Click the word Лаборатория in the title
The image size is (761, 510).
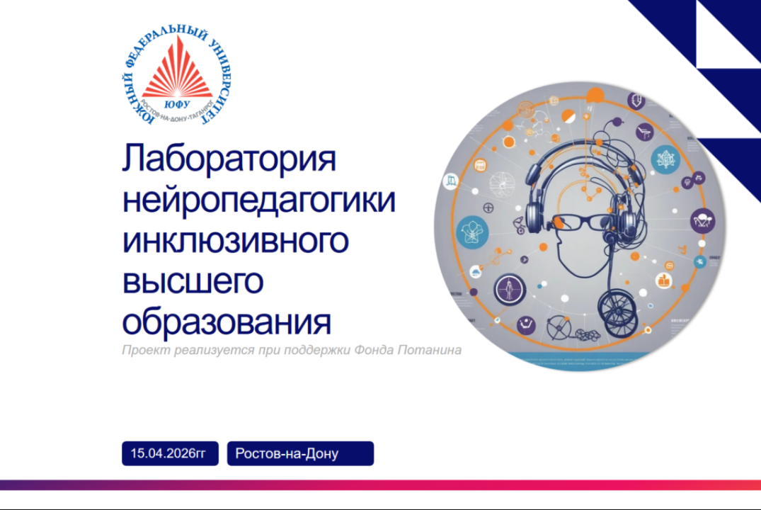click(229, 160)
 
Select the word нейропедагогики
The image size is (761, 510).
click(258, 201)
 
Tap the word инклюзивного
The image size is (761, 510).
click(235, 242)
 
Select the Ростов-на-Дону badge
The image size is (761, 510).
click(299, 453)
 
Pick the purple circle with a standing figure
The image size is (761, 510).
click(507, 289)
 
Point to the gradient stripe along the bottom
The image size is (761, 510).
click(380, 485)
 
